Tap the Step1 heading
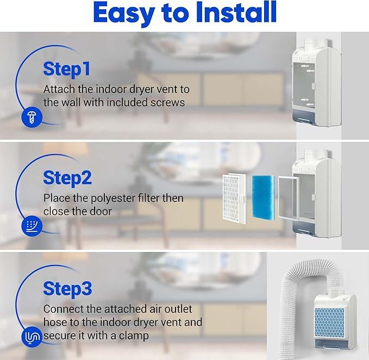pyautogui.click(x=67, y=70)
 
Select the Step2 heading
pyautogui.click(x=67, y=178)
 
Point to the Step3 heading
pyautogui.click(x=67, y=289)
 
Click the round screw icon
pyautogui.click(x=32, y=117)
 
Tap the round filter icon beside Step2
pyautogui.click(x=32, y=225)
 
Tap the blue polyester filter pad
pyautogui.click(x=264, y=197)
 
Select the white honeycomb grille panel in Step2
pyautogui.click(x=234, y=199)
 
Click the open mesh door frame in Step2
pyautogui.click(x=289, y=199)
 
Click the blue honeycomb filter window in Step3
pyautogui.click(x=329, y=323)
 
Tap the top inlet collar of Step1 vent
pyautogui.click(x=316, y=44)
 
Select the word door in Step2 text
pyautogui.click(x=102, y=211)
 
